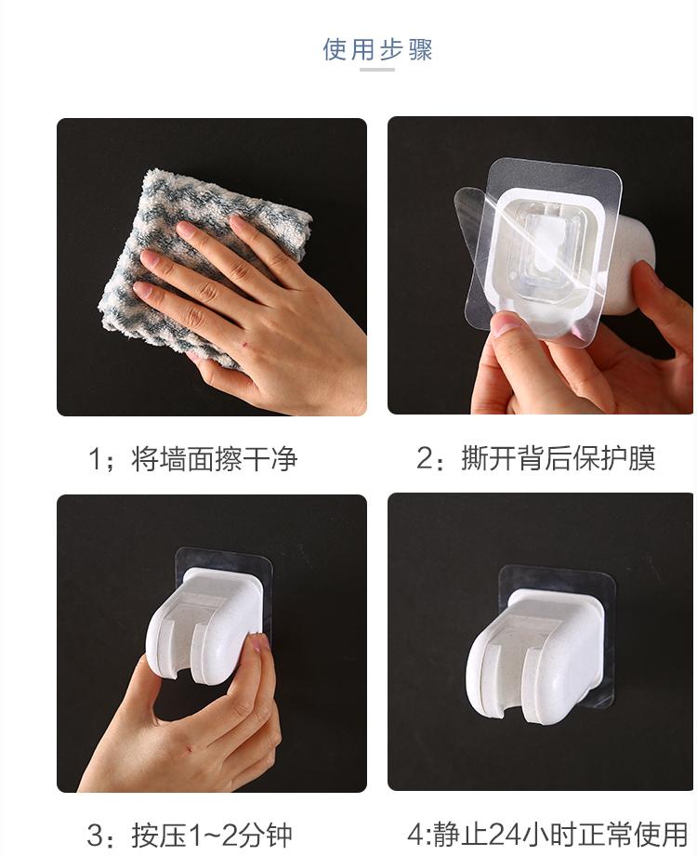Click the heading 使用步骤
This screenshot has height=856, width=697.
(377, 49)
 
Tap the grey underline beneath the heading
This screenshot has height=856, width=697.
(377, 70)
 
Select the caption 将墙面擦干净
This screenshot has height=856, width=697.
(214, 458)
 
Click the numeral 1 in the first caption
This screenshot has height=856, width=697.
(95, 459)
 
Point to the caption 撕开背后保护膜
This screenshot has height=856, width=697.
(558, 457)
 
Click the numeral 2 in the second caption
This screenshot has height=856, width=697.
(425, 458)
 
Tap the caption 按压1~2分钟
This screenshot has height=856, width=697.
(212, 836)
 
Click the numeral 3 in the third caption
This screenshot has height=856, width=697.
(95, 836)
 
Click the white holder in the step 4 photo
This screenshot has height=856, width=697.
(533, 652)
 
